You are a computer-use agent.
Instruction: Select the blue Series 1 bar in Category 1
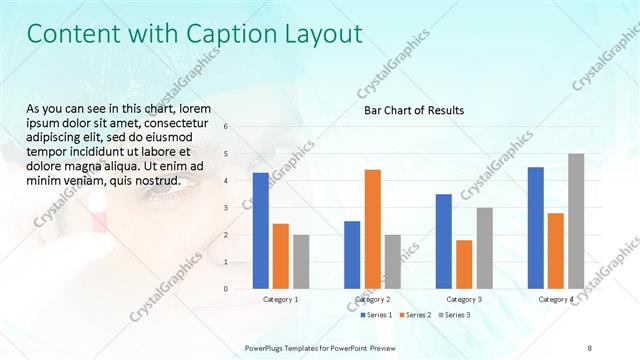click(261, 230)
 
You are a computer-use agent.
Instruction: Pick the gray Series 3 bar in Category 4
click(576, 221)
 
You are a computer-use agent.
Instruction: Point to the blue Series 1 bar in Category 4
click(536, 228)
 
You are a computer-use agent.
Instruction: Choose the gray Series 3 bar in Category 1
click(301, 261)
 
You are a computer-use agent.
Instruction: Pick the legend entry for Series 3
click(457, 316)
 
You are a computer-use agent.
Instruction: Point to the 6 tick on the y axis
click(226, 127)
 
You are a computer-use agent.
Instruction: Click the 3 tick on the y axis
click(226, 208)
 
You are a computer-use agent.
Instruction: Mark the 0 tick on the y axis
click(226, 289)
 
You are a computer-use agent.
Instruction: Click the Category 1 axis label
click(280, 299)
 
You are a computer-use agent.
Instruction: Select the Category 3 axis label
click(464, 299)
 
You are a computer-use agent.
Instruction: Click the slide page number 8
click(589, 347)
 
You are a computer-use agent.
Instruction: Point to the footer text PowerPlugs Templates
click(287, 347)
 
